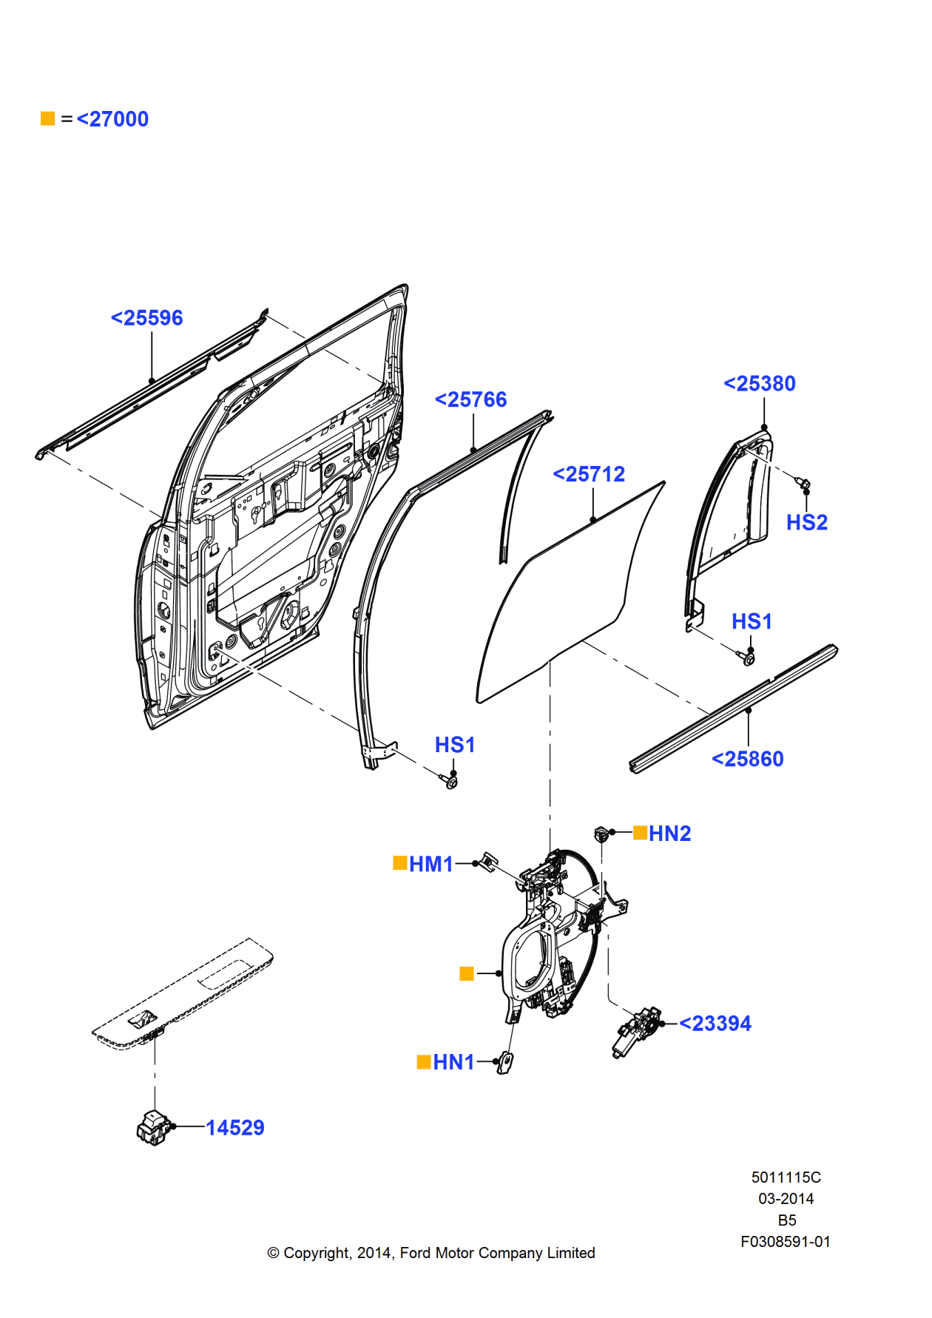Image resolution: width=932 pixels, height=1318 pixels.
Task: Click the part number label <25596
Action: pyautogui.click(x=146, y=318)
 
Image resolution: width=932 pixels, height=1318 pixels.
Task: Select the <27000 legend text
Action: pyautogui.click(x=112, y=119)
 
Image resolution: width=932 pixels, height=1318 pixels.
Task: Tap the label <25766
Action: pyautogui.click(x=470, y=400)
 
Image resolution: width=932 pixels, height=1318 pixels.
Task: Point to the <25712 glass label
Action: pyautogui.click(x=589, y=474)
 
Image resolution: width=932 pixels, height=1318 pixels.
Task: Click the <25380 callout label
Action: pyautogui.click(x=759, y=384)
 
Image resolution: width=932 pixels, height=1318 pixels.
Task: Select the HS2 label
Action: pyautogui.click(x=806, y=523)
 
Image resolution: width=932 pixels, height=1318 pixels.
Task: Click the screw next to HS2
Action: pyautogui.click(x=803, y=484)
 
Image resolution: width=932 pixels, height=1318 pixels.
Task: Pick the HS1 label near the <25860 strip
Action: pyautogui.click(x=752, y=622)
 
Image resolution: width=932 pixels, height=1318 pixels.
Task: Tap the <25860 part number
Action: pyautogui.click(x=747, y=760)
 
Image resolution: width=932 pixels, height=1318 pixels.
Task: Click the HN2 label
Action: pyautogui.click(x=669, y=834)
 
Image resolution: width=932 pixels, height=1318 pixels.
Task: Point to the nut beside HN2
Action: pyautogui.click(x=602, y=834)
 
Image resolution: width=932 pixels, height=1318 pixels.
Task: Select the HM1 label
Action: pyautogui.click(x=430, y=864)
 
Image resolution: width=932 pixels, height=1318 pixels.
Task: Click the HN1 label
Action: pyautogui.click(x=453, y=1062)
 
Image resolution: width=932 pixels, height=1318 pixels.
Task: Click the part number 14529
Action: pyautogui.click(x=234, y=1128)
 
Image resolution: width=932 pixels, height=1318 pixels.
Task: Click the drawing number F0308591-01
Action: pyautogui.click(x=785, y=1242)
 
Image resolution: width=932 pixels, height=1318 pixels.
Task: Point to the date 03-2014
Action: pyautogui.click(x=786, y=1199)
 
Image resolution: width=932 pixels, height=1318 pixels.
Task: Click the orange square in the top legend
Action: pyautogui.click(x=48, y=118)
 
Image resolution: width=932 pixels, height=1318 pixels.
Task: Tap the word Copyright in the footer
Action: pyautogui.click(x=317, y=1253)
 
